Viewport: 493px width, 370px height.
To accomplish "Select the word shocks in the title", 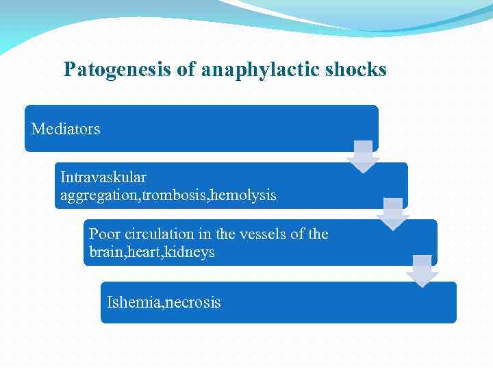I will [x=360, y=70].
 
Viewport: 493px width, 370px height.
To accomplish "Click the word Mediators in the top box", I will [x=66, y=129].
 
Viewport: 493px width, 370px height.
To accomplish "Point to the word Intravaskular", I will [x=103, y=177].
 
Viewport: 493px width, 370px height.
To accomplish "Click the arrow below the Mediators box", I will [x=363, y=157].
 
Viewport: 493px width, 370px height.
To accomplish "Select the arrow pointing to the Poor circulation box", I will [x=393, y=214].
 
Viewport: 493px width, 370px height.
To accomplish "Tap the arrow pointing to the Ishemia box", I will [x=422, y=271].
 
